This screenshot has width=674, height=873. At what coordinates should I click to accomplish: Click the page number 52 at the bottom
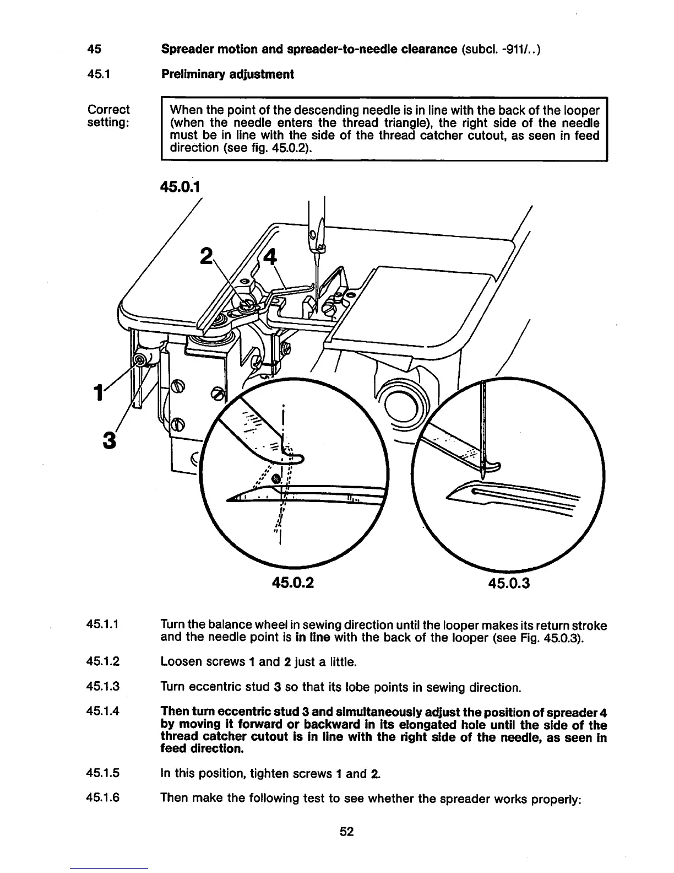346,832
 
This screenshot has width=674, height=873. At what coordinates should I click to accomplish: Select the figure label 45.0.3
508,583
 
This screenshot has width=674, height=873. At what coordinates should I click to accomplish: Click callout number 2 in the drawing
206,256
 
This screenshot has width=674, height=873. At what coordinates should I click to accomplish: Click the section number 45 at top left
94,49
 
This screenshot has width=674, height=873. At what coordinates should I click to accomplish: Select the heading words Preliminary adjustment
227,74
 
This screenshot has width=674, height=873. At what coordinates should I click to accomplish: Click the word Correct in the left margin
109,109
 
